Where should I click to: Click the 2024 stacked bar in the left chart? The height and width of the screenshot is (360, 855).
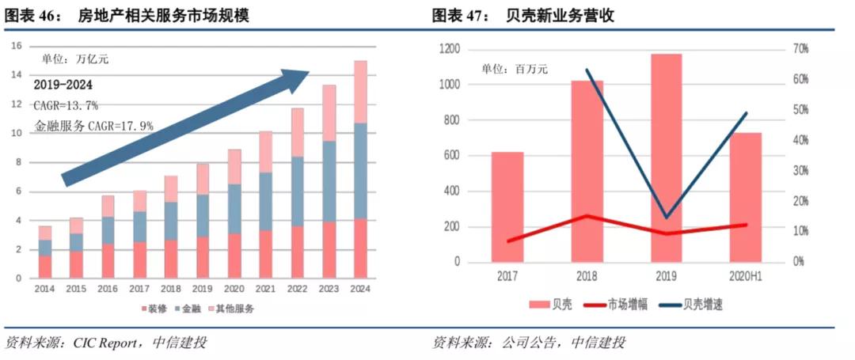click(x=360, y=170)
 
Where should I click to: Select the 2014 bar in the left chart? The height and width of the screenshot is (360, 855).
click(x=44, y=252)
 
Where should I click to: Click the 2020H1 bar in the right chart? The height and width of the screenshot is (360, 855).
click(x=745, y=198)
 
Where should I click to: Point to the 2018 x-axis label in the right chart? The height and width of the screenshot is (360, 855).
click(x=587, y=277)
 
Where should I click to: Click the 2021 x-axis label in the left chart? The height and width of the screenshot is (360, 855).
click(x=265, y=290)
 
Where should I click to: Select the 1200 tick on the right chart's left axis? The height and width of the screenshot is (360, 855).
click(x=449, y=49)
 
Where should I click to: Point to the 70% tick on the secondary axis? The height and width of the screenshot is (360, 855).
click(x=799, y=49)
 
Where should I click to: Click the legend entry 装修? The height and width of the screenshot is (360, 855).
click(x=155, y=308)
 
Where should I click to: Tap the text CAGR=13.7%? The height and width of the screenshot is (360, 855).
click(x=66, y=104)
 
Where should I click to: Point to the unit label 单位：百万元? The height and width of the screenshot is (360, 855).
click(x=515, y=70)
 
